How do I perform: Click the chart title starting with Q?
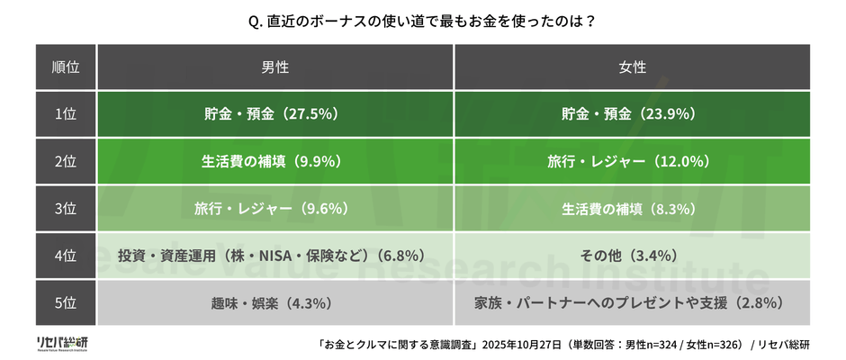(x=422, y=20)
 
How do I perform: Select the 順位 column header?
(x=66, y=67)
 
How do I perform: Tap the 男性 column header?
(x=275, y=67)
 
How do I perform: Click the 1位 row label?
(x=66, y=114)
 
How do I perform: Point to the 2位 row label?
(x=66, y=162)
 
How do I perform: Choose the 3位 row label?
(x=66, y=209)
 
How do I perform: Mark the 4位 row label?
(x=66, y=256)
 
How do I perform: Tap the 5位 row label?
(x=66, y=302)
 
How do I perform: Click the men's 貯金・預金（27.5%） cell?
(x=275, y=114)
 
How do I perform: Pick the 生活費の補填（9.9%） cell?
(x=275, y=162)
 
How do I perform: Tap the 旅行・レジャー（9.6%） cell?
(x=275, y=209)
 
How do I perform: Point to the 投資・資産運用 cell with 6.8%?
(x=275, y=256)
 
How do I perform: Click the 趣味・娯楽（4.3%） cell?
(x=275, y=302)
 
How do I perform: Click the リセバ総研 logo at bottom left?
(x=62, y=344)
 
